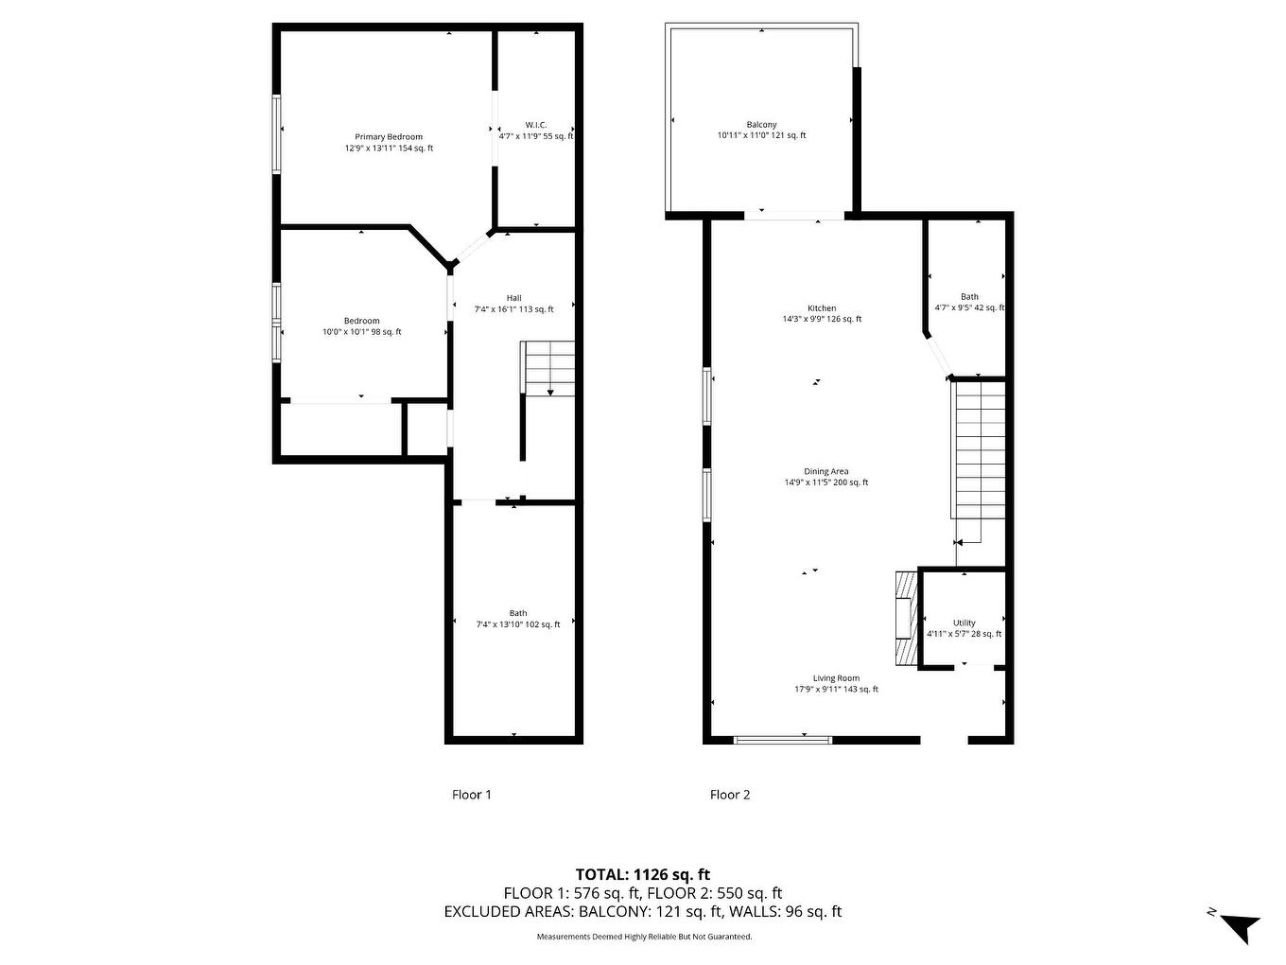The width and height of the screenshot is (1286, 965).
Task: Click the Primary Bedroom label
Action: point(389,142)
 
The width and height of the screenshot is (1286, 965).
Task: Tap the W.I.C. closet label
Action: point(536,131)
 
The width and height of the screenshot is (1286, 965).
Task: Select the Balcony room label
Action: point(761,130)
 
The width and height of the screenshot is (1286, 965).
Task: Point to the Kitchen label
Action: point(822,313)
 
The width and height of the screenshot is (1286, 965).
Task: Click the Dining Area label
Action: point(825,477)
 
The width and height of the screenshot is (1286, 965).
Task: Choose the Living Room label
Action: point(836,683)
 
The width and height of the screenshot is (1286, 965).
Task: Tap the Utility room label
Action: point(964,628)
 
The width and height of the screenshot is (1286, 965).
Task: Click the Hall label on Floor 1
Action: point(513,303)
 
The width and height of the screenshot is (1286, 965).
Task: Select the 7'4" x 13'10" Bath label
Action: point(517,619)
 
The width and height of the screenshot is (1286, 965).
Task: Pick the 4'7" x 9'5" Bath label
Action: point(969,302)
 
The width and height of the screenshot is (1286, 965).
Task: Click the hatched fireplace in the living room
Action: point(906,620)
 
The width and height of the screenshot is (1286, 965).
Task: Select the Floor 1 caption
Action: point(471,795)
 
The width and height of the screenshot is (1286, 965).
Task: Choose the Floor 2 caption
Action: point(730,795)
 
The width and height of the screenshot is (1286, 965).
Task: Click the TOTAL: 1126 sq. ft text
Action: point(643,874)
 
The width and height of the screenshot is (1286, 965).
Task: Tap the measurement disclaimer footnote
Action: point(644,937)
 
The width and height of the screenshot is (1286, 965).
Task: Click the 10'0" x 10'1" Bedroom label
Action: point(361,326)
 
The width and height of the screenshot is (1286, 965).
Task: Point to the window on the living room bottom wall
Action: point(783,739)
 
